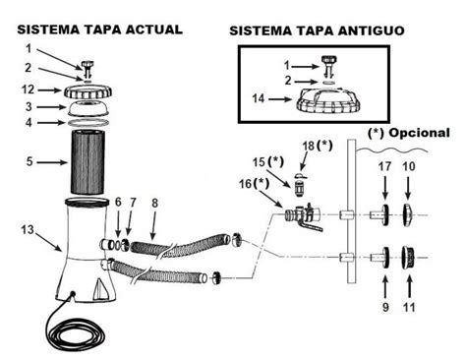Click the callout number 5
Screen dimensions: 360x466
pyautogui.click(x=29, y=160)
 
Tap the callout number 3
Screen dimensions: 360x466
pyautogui.click(x=29, y=106)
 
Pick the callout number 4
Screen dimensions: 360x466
pyautogui.click(x=29, y=122)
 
